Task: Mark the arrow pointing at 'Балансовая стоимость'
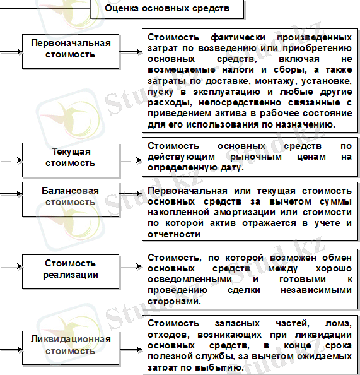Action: point(11,196)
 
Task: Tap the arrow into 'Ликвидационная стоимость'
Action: point(11,345)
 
